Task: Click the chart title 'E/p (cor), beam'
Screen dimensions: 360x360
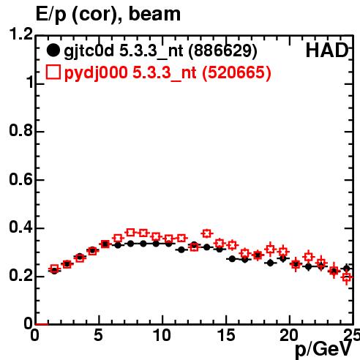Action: pos(108,14)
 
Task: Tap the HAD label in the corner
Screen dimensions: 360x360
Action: pos(327,50)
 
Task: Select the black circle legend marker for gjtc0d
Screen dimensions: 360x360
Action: pos(53,50)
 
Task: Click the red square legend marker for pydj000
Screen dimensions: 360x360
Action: pos(53,72)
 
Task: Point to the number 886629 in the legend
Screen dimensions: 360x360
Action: pos(222,50)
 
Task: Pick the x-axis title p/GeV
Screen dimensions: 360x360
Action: pos(323,350)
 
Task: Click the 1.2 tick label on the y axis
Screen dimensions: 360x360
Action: pos(21,34)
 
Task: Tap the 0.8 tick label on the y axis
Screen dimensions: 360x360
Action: pos(21,130)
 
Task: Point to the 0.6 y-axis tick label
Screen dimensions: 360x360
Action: pos(21,179)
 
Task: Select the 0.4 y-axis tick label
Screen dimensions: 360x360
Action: pos(21,228)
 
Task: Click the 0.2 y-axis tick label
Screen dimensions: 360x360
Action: pos(21,276)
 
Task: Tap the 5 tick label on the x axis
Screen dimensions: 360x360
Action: pos(98,335)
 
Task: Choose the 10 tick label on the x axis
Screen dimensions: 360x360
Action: pos(162,335)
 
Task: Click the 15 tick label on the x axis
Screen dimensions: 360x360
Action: pos(226,335)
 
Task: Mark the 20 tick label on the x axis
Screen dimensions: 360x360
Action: pos(289,335)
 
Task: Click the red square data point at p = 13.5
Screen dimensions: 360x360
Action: pos(207,233)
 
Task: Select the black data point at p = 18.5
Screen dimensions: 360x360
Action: pos(270,263)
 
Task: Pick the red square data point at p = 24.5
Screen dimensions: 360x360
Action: pos(347,277)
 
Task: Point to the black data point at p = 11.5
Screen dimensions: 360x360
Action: pos(181,250)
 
